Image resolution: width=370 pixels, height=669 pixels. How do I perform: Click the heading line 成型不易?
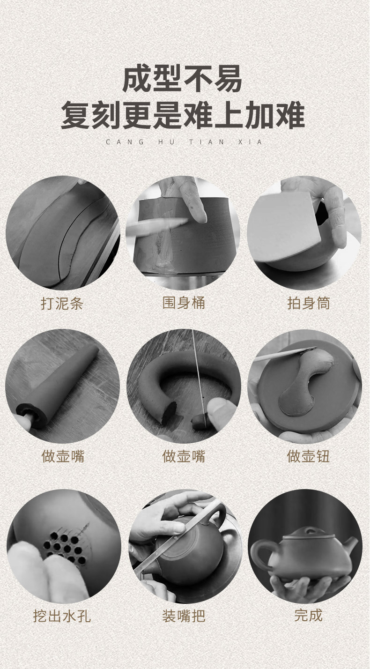pos(182,79)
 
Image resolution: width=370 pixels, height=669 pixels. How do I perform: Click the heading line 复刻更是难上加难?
pos(183,115)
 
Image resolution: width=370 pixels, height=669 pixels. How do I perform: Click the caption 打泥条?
pos(62,304)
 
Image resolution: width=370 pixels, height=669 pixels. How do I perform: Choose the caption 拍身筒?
pos(309,304)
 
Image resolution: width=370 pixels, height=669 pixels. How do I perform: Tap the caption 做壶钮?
pos(308,456)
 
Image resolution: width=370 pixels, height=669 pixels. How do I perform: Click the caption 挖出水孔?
pos(62,616)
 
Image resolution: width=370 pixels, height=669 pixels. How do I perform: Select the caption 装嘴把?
pos(184,616)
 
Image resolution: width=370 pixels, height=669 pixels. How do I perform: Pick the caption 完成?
pos(309,615)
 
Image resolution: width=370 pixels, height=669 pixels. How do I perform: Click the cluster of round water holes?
pos(64,548)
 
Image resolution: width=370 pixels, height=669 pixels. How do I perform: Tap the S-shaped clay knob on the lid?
pos(306,382)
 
